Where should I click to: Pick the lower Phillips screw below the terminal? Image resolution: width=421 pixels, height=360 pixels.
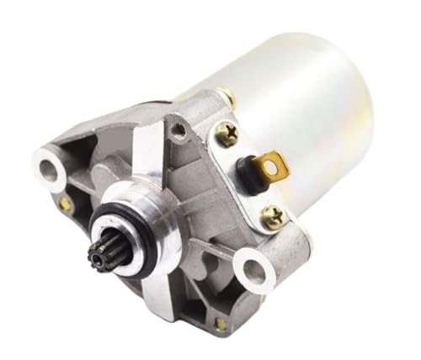(272, 218)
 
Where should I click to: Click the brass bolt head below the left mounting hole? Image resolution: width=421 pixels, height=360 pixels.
(65, 203)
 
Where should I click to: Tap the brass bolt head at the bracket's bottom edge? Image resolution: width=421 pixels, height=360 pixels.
(221, 322)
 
